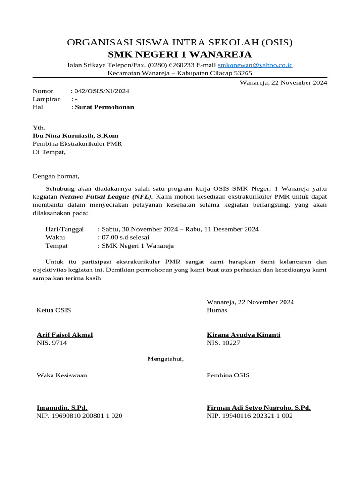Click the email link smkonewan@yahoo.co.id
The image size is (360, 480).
coord(255,65)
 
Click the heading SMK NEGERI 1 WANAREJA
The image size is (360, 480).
coord(180,54)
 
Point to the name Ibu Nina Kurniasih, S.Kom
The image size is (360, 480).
coord(75,136)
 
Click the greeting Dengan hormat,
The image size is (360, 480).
coord(56,177)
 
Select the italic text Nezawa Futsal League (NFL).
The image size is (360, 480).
coord(106,197)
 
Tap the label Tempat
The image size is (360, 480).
coord(56,246)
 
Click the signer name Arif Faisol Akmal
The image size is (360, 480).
coord(65,335)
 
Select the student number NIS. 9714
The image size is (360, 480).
coord(52,343)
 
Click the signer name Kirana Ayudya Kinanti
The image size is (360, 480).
coord(243,335)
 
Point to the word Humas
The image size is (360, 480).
coord(217,310)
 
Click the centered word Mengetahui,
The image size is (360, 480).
coord(166,359)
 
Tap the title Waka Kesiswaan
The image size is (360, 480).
coord(61,375)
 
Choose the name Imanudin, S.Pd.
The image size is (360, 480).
coord(62,408)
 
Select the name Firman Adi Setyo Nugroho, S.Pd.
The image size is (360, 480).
coord(258,408)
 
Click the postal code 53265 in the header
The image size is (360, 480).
coord(243,73)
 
